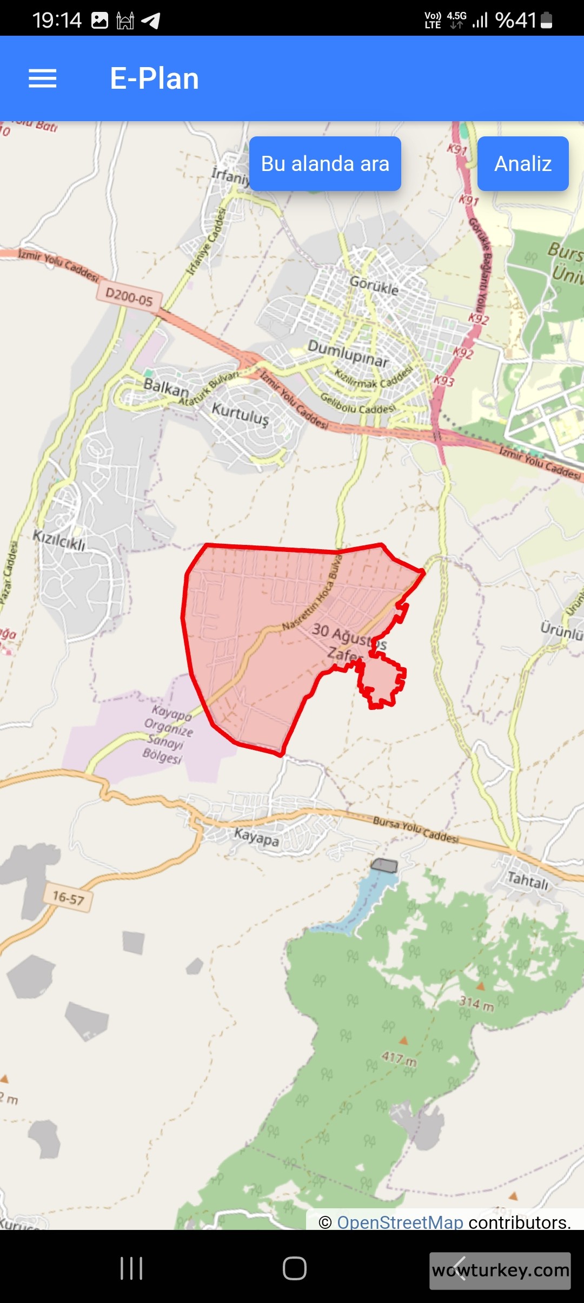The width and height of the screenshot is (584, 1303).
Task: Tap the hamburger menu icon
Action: pyautogui.click(x=42, y=78)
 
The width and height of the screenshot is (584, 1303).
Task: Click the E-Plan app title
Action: pyautogui.click(x=154, y=78)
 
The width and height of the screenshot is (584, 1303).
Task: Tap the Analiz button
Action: pyautogui.click(x=522, y=163)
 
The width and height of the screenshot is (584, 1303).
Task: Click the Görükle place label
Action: pyautogui.click(x=374, y=285)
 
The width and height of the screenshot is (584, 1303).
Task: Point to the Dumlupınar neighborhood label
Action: pyautogui.click(x=348, y=353)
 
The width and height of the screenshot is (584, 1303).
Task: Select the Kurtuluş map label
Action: pyautogui.click(x=240, y=414)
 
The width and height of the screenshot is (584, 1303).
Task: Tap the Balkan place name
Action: pyautogui.click(x=166, y=387)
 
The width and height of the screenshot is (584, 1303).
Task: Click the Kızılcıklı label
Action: pyautogui.click(x=59, y=540)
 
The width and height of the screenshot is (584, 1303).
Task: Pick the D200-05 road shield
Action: pyautogui.click(x=129, y=297)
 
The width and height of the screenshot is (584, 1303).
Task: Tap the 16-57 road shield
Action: pyautogui.click(x=68, y=898)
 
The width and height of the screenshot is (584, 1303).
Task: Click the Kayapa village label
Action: pyautogui.click(x=256, y=837)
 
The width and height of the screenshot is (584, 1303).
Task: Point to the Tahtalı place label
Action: pyautogui.click(x=527, y=880)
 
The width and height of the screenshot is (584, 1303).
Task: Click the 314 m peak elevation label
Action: pyautogui.click(x=476, y=1003)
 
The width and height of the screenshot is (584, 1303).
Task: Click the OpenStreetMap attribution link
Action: pyautogui.click(x=400, y=1222)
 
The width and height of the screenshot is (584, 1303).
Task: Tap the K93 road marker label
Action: pyautogui.click(x=443, y=380)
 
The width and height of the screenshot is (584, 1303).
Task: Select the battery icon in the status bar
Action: pyautogui.click(x=546, y=21)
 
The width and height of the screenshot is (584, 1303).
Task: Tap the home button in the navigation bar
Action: pyautogui.click(x=294, y=1268)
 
